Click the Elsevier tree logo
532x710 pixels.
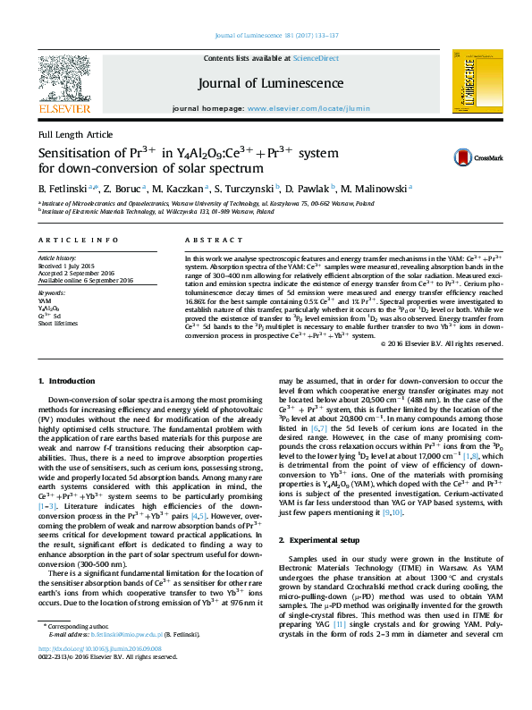click(x=63, y=82)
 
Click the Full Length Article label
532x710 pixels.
click(x=75, y=134)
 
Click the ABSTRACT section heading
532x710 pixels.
click(x=207, y=241)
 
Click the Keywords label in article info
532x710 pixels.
click(x=52, y=292)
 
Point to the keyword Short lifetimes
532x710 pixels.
click(x=58, y=323)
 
